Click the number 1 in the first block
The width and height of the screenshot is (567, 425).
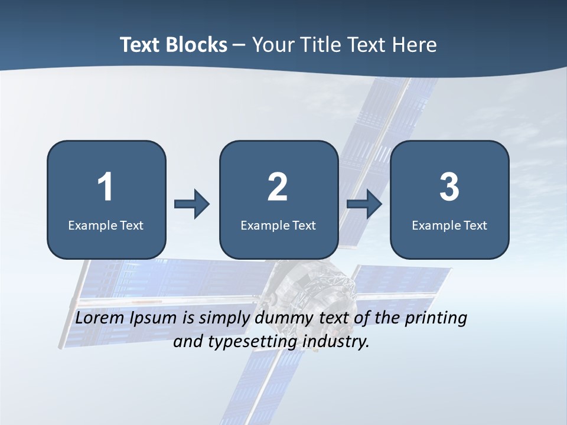point(105,187)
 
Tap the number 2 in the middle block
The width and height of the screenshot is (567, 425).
point(278,187)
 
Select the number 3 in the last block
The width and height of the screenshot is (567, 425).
point(449,187)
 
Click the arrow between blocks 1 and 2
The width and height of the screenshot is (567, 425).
point(192,204)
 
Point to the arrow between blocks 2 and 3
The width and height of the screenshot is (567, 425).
point(364,204)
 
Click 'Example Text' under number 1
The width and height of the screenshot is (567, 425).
point(106,225)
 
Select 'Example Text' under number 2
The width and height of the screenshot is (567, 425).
point(278,225)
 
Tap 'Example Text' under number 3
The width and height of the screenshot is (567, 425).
point(449,225)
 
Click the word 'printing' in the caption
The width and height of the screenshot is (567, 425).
point(435,319)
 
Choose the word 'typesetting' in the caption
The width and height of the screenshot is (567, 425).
point(245,342)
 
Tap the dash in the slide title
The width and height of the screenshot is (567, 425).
point(239,45)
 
